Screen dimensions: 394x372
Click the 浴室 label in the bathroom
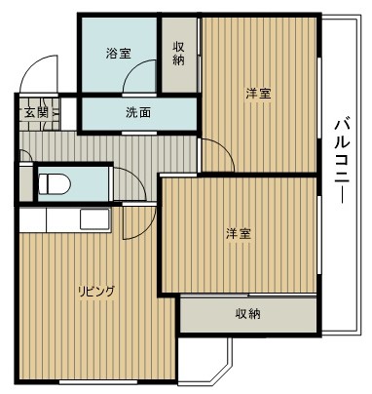[x=118, y=55]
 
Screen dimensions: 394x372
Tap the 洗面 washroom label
[x=138, y=113]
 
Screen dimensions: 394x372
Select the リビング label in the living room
[x=96, y=290]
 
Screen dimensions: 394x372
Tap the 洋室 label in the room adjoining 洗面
[x=258, y=94]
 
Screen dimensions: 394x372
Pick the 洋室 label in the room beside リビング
[x=239, y=233]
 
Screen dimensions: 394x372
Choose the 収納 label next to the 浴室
[x=179, y=55]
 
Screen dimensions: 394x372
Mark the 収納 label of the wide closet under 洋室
[x=247, y=314]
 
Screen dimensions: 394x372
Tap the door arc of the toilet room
[x=130, y=183]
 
